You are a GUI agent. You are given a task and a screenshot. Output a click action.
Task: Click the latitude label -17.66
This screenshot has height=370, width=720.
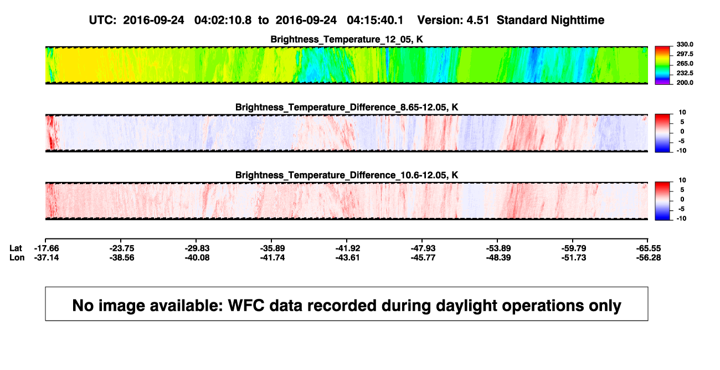pos(47,249)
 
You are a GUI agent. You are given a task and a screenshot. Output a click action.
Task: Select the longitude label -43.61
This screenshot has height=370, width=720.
pos(348,257)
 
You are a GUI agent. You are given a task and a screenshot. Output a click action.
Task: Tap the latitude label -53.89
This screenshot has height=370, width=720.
pos(498,249)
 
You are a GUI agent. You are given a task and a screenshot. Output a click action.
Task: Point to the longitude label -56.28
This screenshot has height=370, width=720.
pos(649,257)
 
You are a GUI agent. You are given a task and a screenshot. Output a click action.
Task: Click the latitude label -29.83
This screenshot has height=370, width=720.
pos(197,249)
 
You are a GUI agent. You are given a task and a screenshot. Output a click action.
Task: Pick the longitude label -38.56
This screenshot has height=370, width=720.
pos(122,257)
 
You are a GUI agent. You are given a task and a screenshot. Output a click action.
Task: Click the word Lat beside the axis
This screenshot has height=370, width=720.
pos(16,249)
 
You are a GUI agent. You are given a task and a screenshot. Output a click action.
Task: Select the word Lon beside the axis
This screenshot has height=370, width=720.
pos(17,257)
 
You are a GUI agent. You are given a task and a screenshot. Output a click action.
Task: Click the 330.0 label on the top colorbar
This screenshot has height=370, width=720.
pos(685,44)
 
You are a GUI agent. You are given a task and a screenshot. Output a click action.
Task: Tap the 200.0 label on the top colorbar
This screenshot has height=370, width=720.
pos(685,83)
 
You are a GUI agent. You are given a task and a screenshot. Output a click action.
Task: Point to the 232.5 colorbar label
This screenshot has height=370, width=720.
pos(685,73)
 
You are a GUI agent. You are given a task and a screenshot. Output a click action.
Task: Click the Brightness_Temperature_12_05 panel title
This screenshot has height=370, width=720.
pos(347,39)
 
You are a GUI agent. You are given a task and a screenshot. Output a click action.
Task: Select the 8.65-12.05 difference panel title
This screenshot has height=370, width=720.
pos(347,107)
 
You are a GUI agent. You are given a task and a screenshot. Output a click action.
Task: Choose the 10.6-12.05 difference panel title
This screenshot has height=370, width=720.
pos(347,175)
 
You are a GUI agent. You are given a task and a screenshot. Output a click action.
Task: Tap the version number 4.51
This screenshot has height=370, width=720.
pos(478,21)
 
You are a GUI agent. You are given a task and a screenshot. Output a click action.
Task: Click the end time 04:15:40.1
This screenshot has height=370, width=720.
pos(375,21)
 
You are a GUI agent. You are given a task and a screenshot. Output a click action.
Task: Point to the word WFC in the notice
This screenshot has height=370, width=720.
pos(246,305)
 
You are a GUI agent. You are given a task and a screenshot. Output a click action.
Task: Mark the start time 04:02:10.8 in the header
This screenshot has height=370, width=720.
pos(223,21)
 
